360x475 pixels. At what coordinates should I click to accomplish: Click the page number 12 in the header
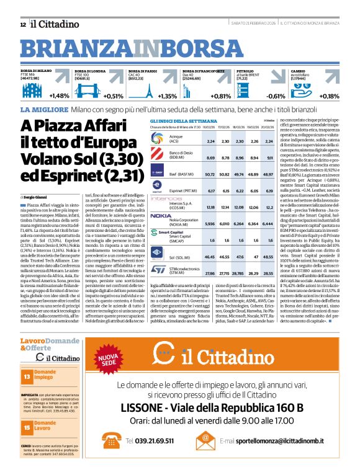22,24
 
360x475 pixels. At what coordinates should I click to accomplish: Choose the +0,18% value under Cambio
329,96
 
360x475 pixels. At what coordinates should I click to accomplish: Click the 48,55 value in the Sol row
269,256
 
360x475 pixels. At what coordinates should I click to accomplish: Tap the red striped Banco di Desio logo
158,154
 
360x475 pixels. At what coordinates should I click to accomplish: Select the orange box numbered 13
27,376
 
